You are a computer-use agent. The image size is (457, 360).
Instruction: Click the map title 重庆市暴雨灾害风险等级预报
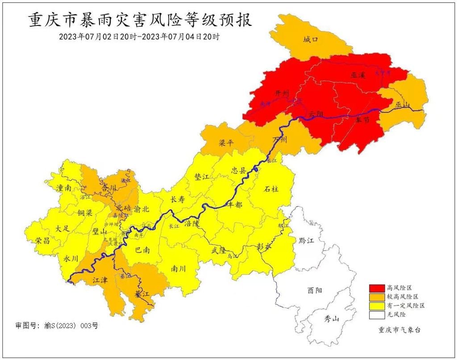(x=140, y=20)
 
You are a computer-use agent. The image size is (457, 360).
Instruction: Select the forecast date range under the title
(x=139, y=37)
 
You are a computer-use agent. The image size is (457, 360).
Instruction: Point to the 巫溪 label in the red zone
(x=358, y=75)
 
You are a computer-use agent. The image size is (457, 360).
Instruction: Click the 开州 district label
(x=282, y=93)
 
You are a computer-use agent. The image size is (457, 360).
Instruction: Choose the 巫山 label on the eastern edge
(x=402, y=105)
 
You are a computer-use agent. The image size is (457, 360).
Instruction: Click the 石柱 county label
(x=271, y=189)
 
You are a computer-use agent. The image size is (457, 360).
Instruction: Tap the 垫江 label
(x=202, y=177)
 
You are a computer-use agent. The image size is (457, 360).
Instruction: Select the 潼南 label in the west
(x=64, y=188)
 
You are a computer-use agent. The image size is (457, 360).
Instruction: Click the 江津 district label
(x=100, y=281)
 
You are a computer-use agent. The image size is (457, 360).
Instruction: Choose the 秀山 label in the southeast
(x=332, y=319)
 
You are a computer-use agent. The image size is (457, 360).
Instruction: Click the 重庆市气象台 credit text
(x=399, y=330)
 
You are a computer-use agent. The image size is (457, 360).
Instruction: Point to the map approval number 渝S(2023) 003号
(x=56, y=326)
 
